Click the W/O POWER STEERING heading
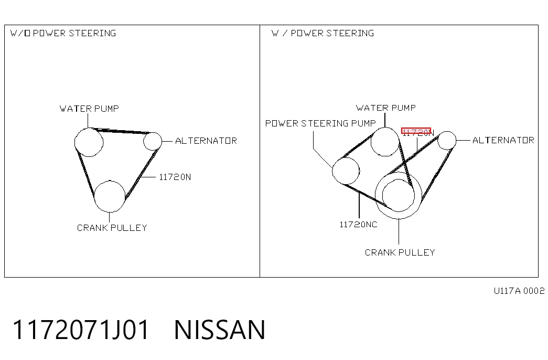pyautogui.click(x=63, y=33)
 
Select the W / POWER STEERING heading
pyautogui.click(x=323, y=33)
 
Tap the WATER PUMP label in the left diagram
pyautogui.click(x=89, y=109)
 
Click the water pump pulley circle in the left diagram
pyautogui.click(x=75, y=142)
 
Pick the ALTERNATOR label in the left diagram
pyautogui.click(x=206, y=141)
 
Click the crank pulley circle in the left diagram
pyautogui.click(x=94, y=197)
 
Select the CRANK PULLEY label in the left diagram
pyautogui.click(x=112, y=228)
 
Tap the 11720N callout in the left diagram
pyautogui.click(x=175, y=177)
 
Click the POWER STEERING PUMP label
pyautogui.click(x=320, y=123)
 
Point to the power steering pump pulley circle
pyautogui.click(x=332, y=171)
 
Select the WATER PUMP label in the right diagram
pyautogui.click(x=386, y=108)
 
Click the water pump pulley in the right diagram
pyautogui.click(x=371, y=142)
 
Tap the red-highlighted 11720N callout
pyautogui.click(x=417, y=132)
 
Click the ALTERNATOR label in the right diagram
pyautogui.click(x=503, y=140)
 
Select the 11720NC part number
pyautogui.click(x=359, y=225)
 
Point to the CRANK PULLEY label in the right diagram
pyautogui.click(x=400, y=252)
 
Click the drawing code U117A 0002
pyautogui.click(x=519, y=291)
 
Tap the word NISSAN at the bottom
pyautogui.click(x=220, y=330)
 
